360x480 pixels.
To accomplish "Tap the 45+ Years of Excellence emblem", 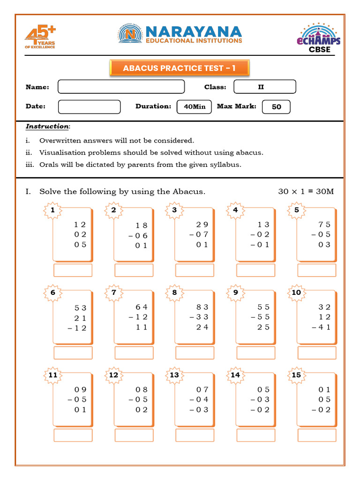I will [x=40, y=38].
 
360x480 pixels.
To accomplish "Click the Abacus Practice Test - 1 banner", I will [x=179, y=68].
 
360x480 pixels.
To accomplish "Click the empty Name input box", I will [x=121, y=87].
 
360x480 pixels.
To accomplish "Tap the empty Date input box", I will [x=89, y=106].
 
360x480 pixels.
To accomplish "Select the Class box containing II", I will [x=264, y=87].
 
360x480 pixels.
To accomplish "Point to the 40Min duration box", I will [x=195, y=107].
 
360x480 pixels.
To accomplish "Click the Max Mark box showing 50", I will [x=276, y=107].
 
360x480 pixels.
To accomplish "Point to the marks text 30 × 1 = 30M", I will [x=306, y=191].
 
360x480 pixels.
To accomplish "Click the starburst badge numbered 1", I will [x=52, y=210].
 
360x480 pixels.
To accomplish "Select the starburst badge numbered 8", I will [x=174, y=292].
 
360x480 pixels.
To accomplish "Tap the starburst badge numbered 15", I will [x=296, y=375].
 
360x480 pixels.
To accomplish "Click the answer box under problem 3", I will [x=195, y=270].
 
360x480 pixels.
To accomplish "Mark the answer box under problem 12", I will [x=134, y=435].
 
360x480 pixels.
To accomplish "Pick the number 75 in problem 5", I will [x=324, y=224].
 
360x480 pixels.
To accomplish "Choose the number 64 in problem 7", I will [x=142, y=307].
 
